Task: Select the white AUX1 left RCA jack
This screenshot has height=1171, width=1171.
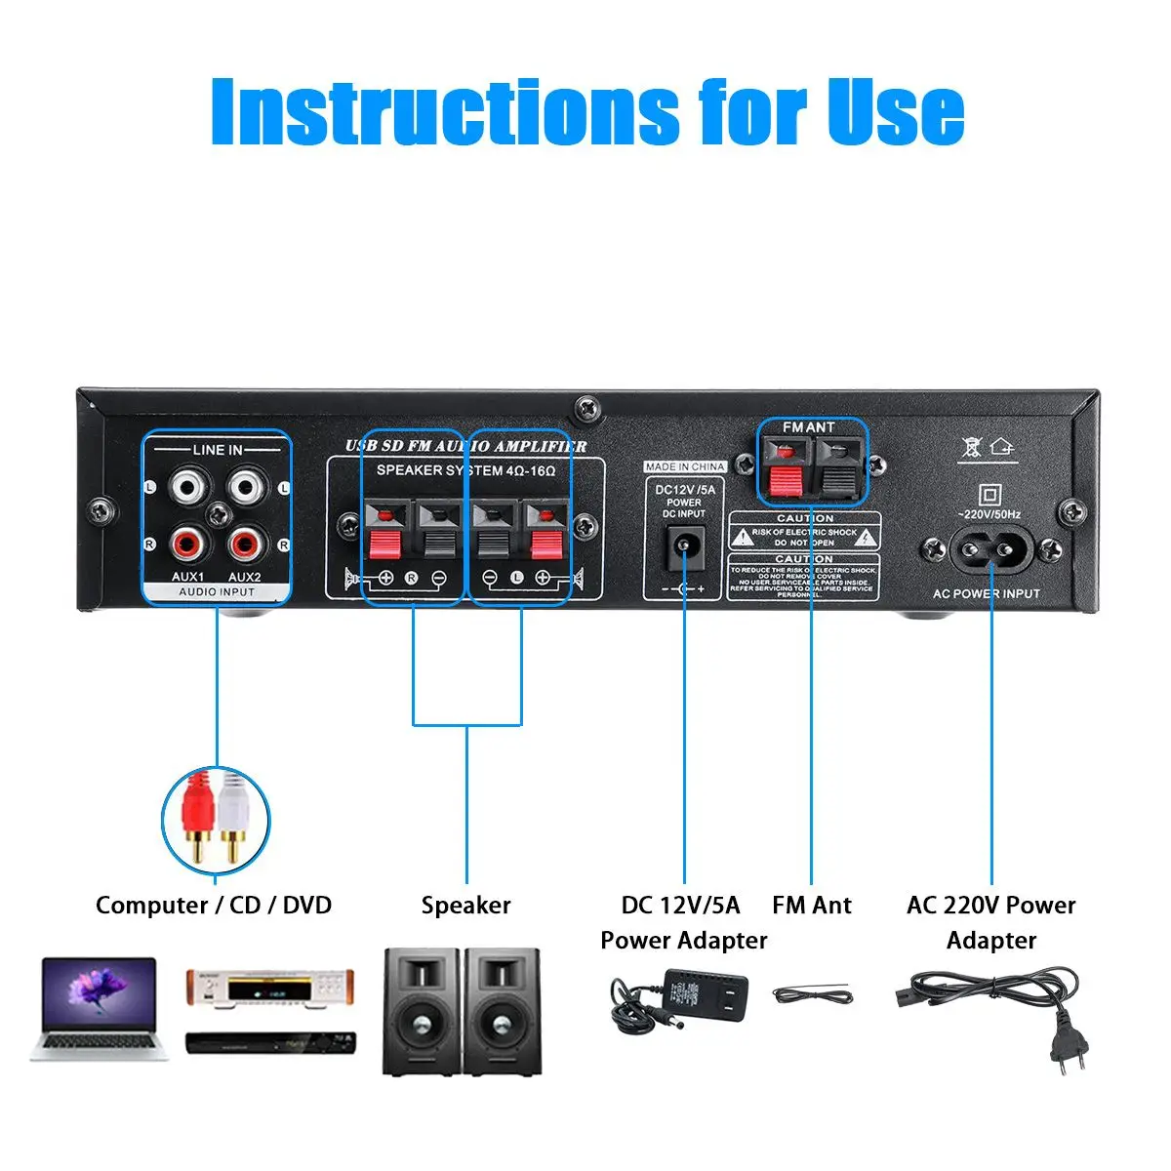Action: tap(186, 486)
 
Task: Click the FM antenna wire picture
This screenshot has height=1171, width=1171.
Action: tap(813, 994)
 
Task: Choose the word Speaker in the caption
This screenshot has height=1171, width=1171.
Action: tap(465, 906)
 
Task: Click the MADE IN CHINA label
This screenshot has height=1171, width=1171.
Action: tap(685, 466)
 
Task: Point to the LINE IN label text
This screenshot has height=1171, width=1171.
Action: tap(217, 450)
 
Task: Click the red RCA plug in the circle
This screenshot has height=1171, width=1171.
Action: tap(199, 815)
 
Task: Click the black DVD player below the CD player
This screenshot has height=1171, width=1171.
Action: tap(270, 1043)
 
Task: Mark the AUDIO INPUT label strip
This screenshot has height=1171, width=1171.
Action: tap(217, 591)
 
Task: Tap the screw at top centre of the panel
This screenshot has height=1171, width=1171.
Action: tap(586, 408)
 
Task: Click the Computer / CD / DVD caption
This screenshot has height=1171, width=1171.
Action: tap(214, 906)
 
